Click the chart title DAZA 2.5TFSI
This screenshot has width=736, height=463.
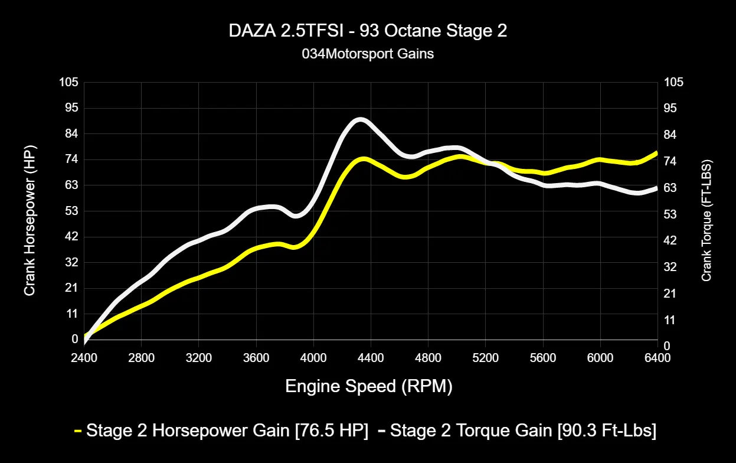[368, 31]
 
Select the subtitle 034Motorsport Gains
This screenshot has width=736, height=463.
[368, 54]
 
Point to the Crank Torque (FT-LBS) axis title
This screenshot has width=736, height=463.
[706, 220]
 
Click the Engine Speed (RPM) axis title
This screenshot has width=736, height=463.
[369, 386]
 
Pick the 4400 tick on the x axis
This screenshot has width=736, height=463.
[370, 357]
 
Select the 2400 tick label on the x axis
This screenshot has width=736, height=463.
[84, 357]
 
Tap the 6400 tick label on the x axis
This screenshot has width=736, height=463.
[657, 357]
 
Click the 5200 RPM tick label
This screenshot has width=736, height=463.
[485, 357]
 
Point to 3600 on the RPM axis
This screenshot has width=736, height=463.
[256, 357]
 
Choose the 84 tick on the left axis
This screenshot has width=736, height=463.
[71, 133]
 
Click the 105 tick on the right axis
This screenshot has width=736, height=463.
[673, 82]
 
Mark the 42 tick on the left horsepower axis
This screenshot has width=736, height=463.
[71, 236]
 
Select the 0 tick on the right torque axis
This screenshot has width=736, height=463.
[667, 345]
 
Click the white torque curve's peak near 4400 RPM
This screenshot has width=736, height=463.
[359, 120]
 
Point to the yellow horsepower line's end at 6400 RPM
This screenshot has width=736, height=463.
[656, 153]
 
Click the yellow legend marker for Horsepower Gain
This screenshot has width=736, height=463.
[78, 431]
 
